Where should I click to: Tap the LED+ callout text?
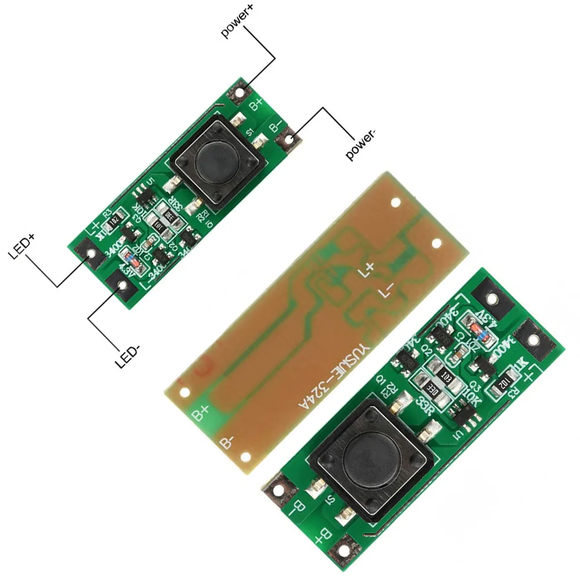coord(23,246)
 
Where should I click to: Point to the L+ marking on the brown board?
coord(367,271)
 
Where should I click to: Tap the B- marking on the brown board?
coord(227,443)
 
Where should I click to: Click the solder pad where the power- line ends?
coord(288,139)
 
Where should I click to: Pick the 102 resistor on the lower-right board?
coord(501,385)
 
